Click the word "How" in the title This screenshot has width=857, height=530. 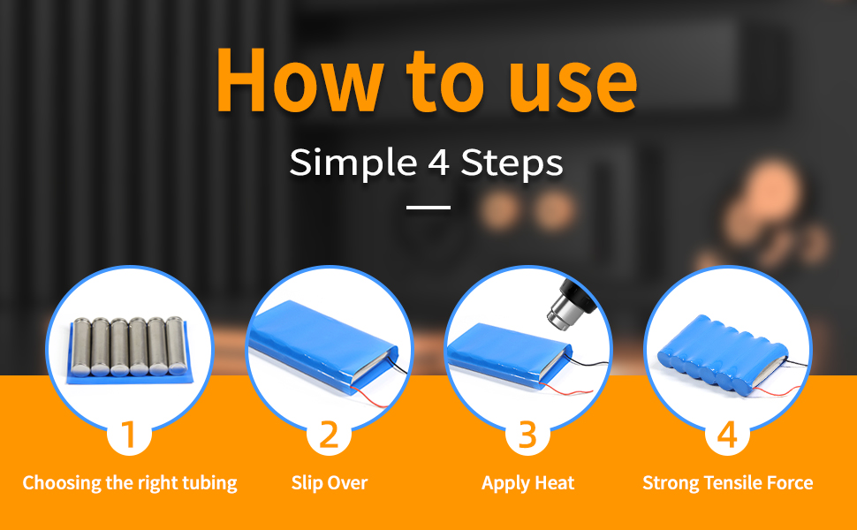tap(299, 79)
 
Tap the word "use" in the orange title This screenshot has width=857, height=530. tap(573, 85)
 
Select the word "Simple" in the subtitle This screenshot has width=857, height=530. tap(352, 163)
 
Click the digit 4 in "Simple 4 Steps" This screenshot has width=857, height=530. tap(438, 162)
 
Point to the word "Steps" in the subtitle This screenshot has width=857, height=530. tap(512, 163)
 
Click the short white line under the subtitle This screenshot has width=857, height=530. tap(428, 208)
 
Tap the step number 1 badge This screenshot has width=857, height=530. tap(129, 435)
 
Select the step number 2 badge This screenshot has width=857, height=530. tap(329, 435)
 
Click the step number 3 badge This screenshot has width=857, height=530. tap(527, 435)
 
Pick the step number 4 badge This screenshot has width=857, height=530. tap(727, 435)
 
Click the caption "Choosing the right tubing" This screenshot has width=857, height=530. tap(130, 483)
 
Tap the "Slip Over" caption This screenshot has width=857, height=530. tap(329, 482)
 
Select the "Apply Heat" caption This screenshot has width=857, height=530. tap(528, 483)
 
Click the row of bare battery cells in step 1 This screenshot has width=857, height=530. tap(130, 346)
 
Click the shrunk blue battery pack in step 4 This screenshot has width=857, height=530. tap(723, 352)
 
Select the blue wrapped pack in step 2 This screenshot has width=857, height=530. tap(322, 340)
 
